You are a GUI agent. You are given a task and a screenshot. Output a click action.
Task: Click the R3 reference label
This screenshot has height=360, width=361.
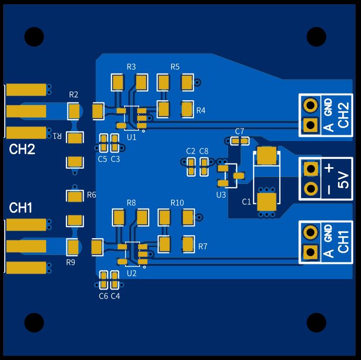(131, 67)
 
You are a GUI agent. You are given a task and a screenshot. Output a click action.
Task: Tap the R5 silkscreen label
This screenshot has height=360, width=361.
(175, 67)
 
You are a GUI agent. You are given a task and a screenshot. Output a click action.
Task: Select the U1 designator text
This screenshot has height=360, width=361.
(131, 137)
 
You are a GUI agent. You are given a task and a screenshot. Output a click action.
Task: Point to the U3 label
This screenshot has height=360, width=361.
(221, 195)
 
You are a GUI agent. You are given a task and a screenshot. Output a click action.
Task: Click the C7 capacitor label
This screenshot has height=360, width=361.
(240, 132)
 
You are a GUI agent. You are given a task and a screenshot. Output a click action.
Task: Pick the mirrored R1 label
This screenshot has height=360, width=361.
(58, 136)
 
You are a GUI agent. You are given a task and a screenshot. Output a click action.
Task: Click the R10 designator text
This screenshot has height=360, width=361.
(177, 203)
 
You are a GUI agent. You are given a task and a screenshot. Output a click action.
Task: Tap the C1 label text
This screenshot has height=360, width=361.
(246, 202)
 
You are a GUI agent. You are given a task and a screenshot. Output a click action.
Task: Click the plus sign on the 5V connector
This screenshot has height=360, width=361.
(329, 168)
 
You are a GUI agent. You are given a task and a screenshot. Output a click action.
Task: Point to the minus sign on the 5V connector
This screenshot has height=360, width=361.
(329, 190)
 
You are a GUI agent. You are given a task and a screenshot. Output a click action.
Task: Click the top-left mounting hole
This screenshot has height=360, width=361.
(34, 37)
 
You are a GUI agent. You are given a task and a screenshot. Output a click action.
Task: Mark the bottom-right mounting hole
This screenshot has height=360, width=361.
(317, 322)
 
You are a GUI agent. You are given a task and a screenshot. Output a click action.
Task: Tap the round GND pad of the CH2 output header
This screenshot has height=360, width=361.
(311, 105)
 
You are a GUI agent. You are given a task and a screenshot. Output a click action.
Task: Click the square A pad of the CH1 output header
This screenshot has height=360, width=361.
(311, 252)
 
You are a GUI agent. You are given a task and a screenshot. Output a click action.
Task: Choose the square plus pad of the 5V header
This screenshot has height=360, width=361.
(311, 169)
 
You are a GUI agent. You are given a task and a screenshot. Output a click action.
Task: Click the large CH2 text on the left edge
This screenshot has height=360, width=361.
(22, 149)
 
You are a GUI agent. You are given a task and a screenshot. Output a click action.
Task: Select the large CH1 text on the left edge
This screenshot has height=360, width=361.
(20, 208)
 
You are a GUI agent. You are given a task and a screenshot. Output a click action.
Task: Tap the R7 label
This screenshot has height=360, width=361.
(202, 247)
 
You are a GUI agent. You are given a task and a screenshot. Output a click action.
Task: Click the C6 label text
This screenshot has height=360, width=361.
(104, 296)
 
